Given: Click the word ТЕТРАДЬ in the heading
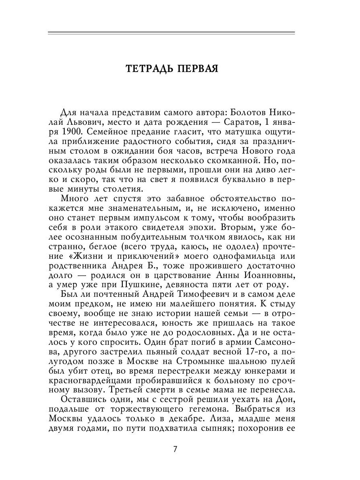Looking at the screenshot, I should coord(149,68).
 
